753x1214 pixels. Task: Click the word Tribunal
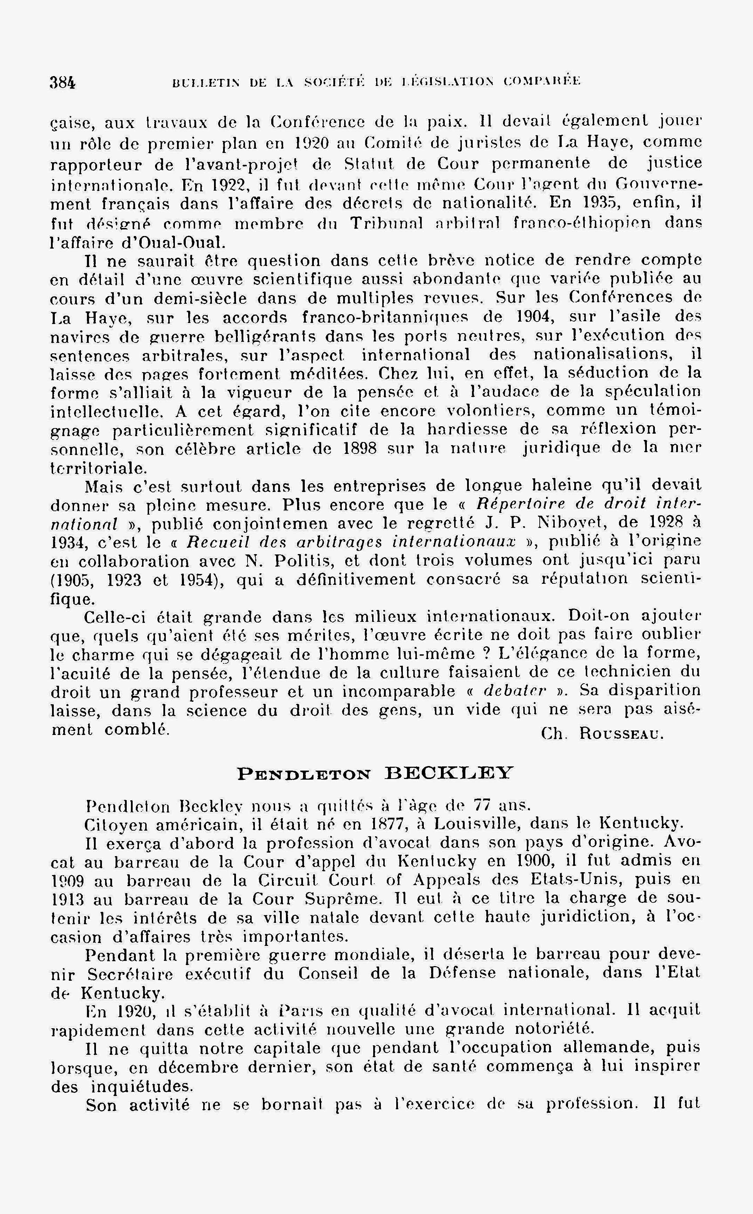[386, 223]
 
